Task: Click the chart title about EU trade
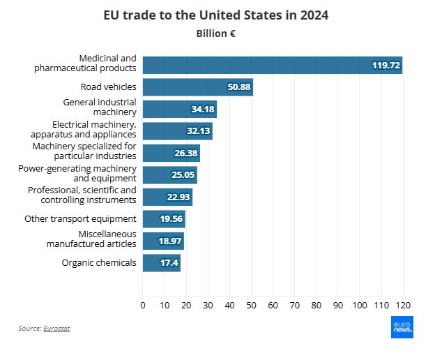click(x=216, y=15)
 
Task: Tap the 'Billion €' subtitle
click(x=216, y=33)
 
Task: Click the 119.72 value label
click(x=386, y=65)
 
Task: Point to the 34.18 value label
click(x=203, y=109)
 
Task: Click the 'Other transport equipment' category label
click(x=80, y=219)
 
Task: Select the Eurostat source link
click(x=56, y=328)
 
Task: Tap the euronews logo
click(x=402, y=327)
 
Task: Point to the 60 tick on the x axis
click(x=273, y=305)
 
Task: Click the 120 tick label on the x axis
click(x=403, y=305)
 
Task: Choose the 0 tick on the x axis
click(x=143, y=305)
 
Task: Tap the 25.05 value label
click(x=183, y=175)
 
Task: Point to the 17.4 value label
click(x=169, y=263)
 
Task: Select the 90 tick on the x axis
click(x=337, y=305)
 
